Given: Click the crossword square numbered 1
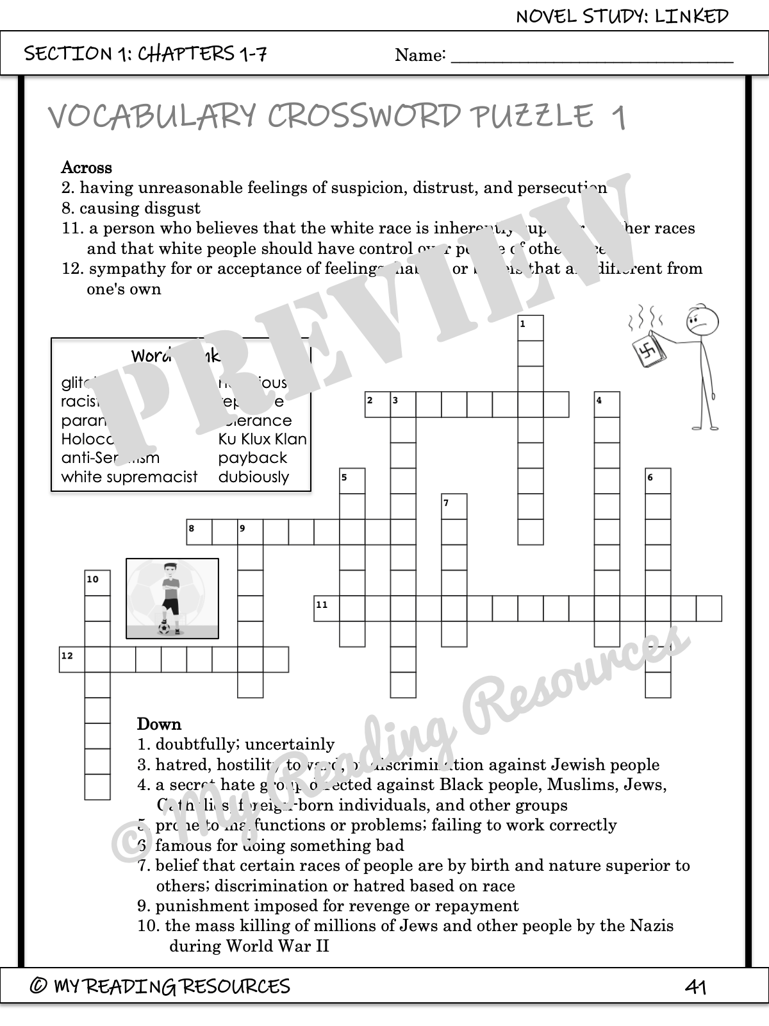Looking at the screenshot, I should (531, 328).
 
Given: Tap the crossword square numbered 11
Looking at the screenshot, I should (326, 609).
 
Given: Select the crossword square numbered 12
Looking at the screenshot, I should (72, 659).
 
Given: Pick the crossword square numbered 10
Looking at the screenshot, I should (97, 583).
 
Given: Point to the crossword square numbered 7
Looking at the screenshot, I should (454, 507).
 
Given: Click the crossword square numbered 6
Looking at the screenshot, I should (657, 481).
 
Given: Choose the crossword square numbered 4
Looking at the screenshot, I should (607, 405).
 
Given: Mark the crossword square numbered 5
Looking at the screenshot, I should (352, 481).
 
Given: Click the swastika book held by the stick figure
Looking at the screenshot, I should (647, 351).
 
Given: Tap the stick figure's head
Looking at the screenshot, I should (702, 321).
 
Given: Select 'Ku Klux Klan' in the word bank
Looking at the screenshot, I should (263, 439).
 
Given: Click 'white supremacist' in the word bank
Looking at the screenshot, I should (129, 477).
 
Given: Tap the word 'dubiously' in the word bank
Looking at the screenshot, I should (254, 477).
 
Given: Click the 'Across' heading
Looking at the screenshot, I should (87, 168).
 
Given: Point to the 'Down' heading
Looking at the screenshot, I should (159, 725).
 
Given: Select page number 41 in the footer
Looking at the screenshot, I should (695, 986).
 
